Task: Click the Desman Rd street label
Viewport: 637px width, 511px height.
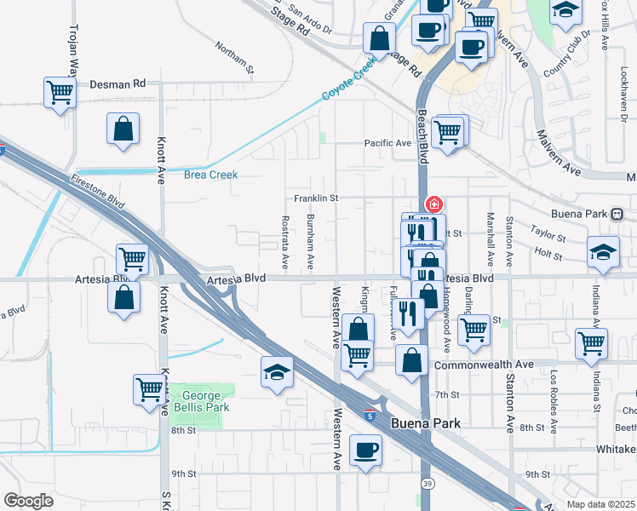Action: coord(117,84)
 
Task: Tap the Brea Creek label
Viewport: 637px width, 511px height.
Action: coord(210,175)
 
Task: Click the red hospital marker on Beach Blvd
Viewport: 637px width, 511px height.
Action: coord(433,204)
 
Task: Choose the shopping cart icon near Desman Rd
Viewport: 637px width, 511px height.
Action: coord(60,91)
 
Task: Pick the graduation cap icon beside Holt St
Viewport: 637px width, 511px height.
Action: coord(603,252)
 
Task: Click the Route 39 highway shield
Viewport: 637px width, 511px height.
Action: coord(425,483)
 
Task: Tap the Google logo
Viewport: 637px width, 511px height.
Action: coord(28,501)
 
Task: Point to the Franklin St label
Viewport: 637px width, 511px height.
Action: coord(317,198)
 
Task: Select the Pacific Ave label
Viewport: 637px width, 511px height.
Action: coord(387,143)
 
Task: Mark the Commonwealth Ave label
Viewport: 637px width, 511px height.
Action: coord(484,365)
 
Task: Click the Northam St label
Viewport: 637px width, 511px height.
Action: coord(235,58)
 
